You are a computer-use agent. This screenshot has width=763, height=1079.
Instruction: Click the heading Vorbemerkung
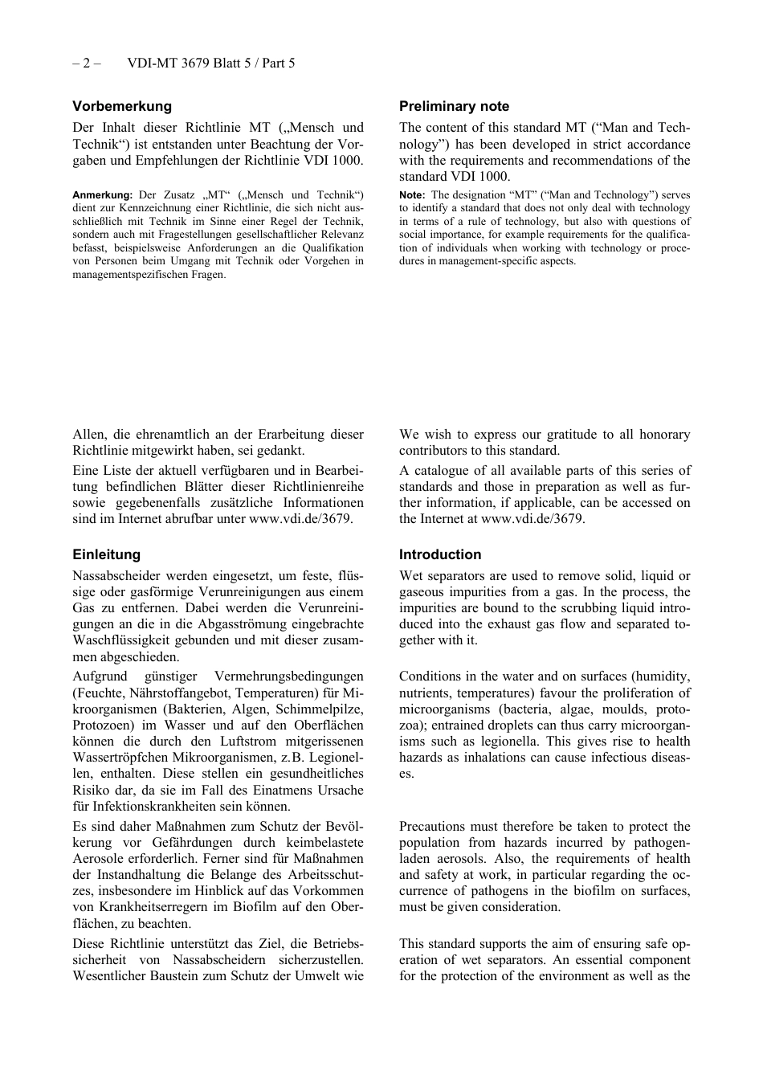[x=122, y=106]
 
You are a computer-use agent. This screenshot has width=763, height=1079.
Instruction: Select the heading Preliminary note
[x=454, y=106]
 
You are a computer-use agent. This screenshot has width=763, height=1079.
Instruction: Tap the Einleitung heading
[x=106, y=554]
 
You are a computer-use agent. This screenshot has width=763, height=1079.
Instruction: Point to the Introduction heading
[x=440, y=554]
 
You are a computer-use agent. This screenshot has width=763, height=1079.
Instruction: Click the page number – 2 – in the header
[x=86, y=63]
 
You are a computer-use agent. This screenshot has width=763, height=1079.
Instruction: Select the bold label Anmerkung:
[x=102, y=195]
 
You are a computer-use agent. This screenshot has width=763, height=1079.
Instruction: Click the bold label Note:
[x=412, y=195]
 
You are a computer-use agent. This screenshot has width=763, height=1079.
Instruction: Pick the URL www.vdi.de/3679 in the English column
[x=532, y=519]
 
